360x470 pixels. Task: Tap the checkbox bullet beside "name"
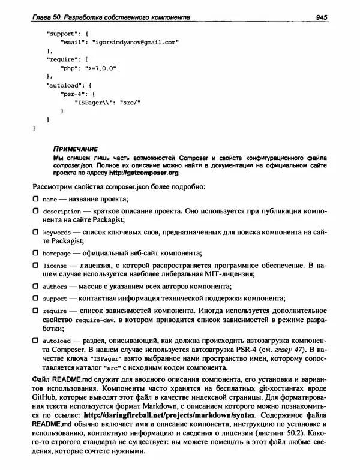(x=35, y=199)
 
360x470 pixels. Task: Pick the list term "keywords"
(x=57, y=237)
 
